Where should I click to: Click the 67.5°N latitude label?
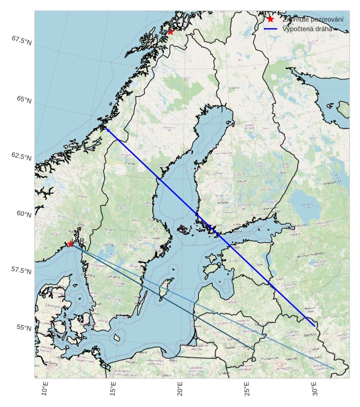[x=21, y=40]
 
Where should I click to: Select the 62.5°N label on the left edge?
[x=21, y=156]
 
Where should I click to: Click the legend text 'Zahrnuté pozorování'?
[x=313, y=20]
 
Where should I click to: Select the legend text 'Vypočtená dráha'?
[x=307, y=29]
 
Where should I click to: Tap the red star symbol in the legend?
[x=270, y=19]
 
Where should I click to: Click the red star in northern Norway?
[x=170, y=32]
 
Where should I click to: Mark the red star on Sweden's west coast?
[x=70, y=243]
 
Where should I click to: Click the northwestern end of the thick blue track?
[x=106, y=127]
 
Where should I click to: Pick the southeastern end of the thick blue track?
[x=316, y=326]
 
